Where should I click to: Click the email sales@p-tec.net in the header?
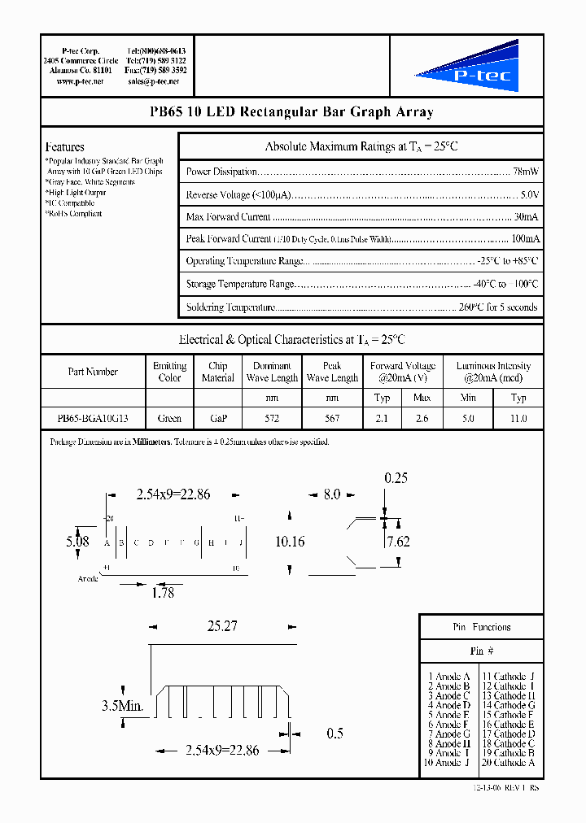tap(155, 82)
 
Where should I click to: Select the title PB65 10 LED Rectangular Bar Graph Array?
tap(291, 112)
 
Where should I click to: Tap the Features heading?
tap(64, 147)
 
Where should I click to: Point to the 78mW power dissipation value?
tap(525, 172)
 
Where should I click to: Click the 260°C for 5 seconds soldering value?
tap(498, 307)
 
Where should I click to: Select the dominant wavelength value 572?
tap(272, 418)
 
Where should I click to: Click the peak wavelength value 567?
tap(332, 418)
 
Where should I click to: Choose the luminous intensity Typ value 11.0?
tap(518, 418)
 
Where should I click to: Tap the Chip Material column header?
tap(217, 372)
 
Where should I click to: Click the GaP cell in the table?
tap(217, 418)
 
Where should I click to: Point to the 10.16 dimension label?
tap(290, 542)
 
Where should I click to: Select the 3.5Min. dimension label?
tap(122, 706)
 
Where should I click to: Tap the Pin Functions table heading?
tap(481, 627)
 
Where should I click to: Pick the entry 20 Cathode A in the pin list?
tap(509, 763)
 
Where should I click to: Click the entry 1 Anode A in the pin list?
tap(448, 677)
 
